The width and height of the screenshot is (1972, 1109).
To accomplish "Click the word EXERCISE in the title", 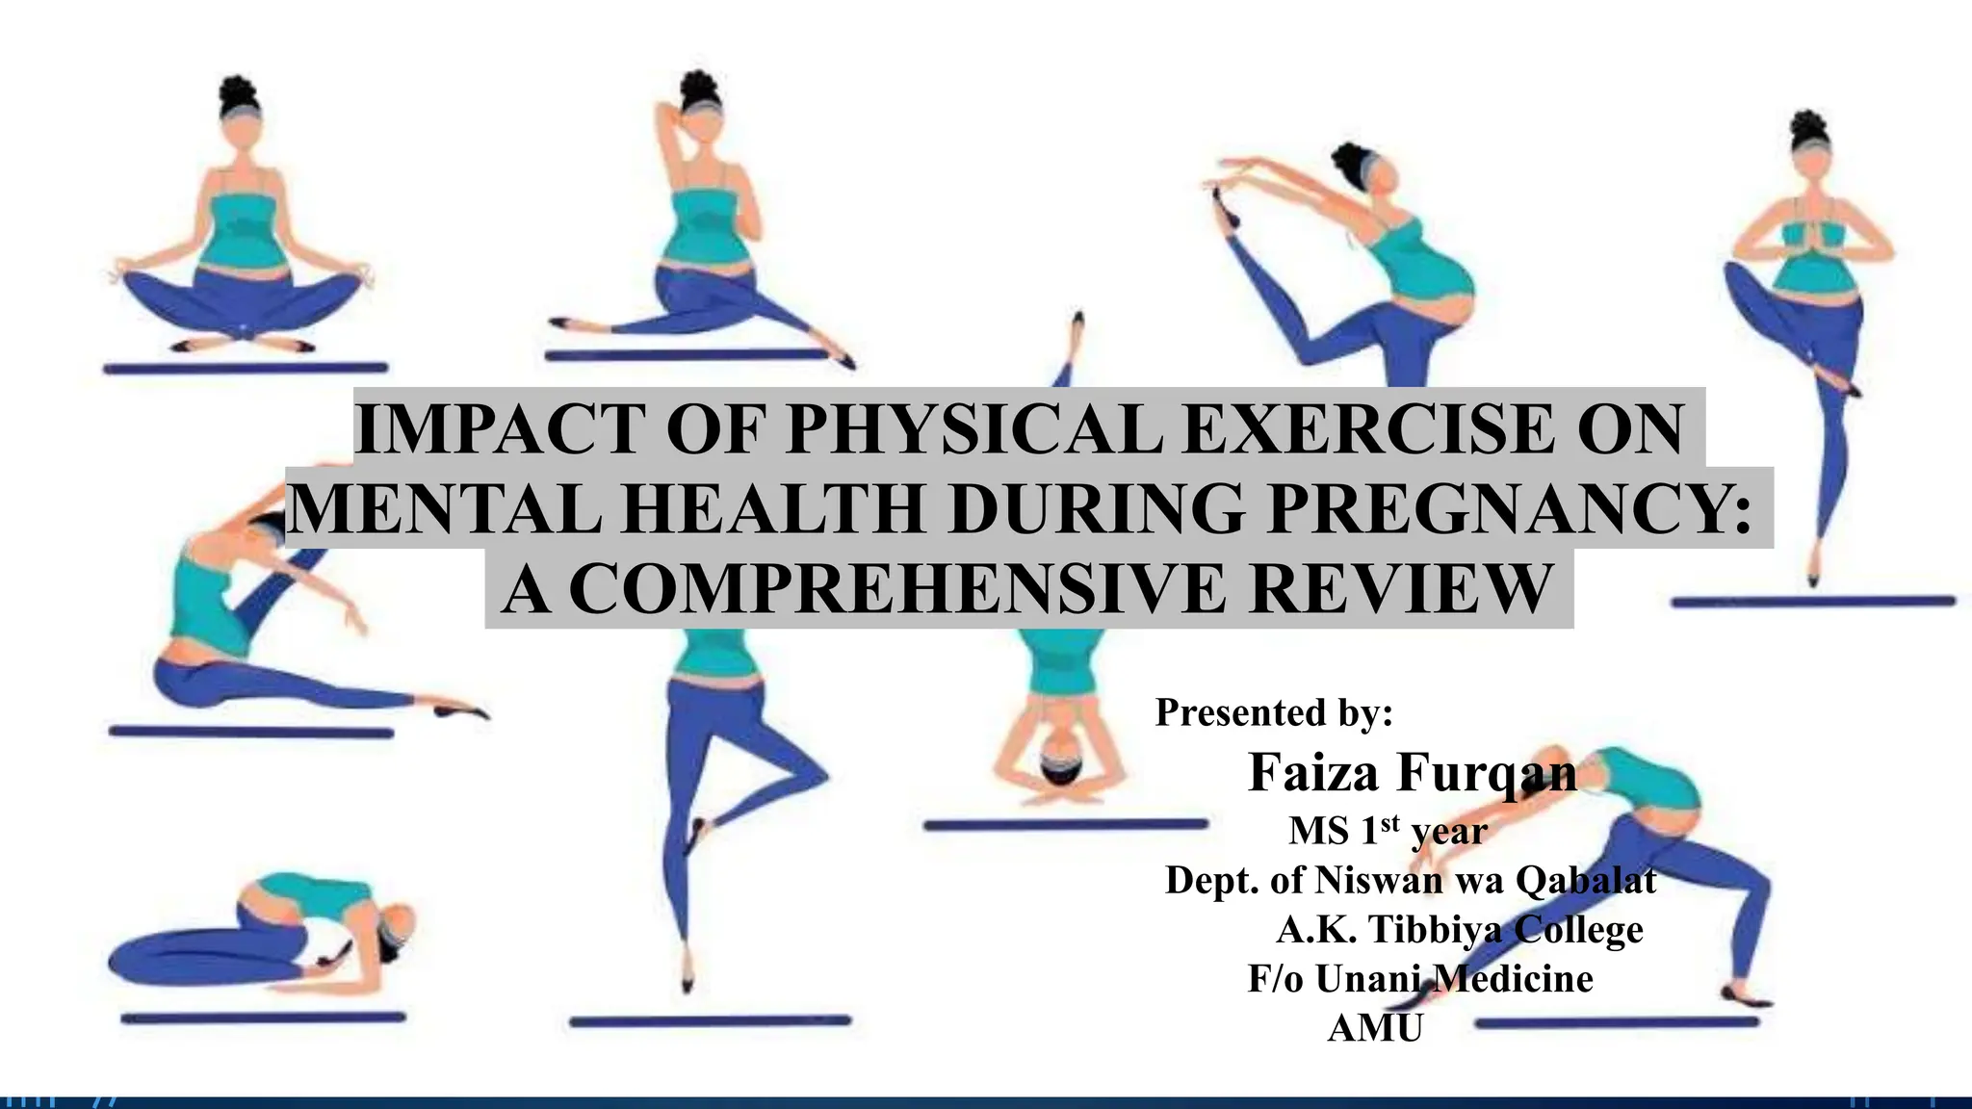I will (1367, 429).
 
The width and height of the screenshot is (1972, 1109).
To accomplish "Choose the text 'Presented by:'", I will (1274, 712).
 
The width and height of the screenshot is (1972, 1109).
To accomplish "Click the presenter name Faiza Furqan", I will (1412, 772).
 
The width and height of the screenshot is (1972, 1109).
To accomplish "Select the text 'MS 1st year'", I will (1388, 831).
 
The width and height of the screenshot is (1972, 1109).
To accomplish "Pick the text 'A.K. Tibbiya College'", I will (1460, 930).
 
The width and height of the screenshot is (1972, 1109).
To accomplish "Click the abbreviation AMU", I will (1375, 1028).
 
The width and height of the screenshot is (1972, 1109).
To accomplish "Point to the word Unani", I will (1366, 979).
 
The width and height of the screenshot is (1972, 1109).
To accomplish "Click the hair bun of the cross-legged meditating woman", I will (236, 93).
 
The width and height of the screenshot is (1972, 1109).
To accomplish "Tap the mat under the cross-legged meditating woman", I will (246, 368).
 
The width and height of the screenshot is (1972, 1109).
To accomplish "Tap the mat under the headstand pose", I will (1065, 825).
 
